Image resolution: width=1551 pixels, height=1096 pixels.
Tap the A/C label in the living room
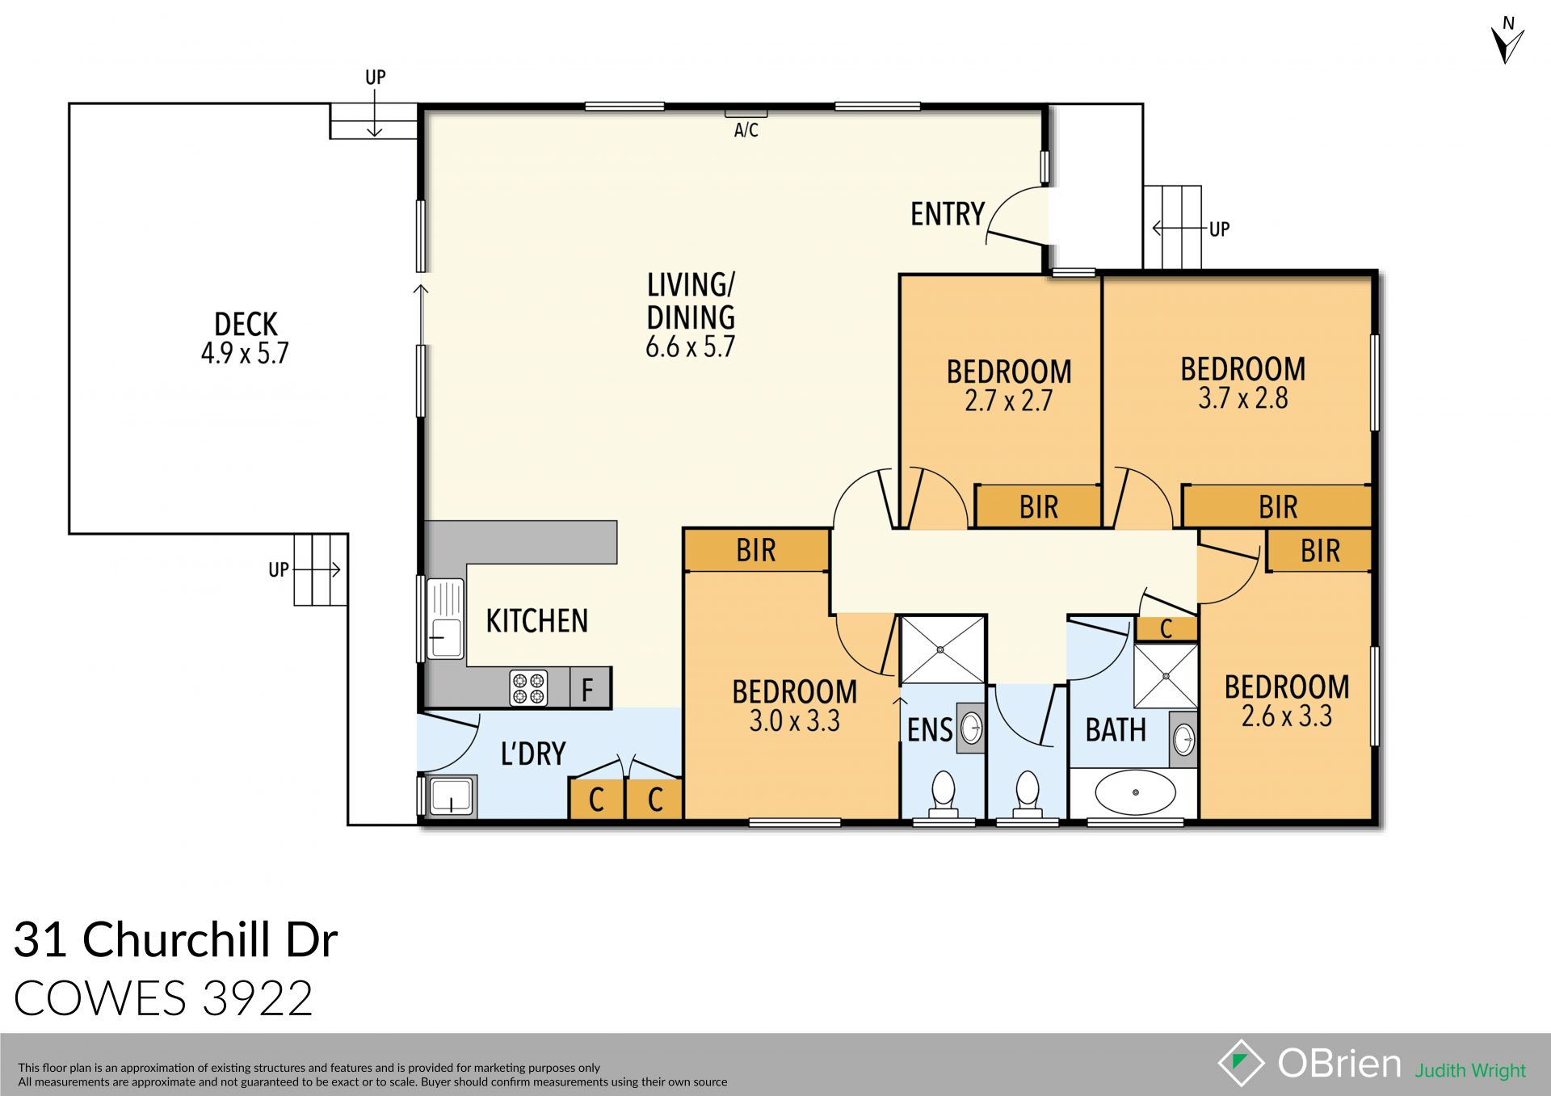(x=746, y=130)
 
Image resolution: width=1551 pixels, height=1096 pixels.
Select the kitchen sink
(x=445, y=619)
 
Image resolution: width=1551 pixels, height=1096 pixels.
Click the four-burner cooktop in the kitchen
(x=528, y=688)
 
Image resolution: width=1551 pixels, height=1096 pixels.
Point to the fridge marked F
(x=589, y=689)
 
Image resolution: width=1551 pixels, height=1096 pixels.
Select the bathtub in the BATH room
(x=1135, y=792)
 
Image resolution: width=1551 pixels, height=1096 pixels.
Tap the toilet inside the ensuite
(x=944, y=791)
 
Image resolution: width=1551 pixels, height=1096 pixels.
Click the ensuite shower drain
(x=942, y=649)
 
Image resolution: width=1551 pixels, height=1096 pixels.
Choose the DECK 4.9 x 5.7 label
(x=246, y=338)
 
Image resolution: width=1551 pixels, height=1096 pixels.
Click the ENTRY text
(x=947, y=214)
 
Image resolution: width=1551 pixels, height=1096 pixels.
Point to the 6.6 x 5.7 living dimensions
(x=690, y=347)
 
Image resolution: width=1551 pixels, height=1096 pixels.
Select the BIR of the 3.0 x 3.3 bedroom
(x=755, y=551)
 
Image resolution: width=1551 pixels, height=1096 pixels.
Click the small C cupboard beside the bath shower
(x=1166, y=629)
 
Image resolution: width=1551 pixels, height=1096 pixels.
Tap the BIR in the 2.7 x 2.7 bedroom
(x=1038, y=507)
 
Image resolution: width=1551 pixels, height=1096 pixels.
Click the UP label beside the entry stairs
(x=1219, y=229)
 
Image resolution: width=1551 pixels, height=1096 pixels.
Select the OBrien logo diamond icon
(x=1241, y=1062)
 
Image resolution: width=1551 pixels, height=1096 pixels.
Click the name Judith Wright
(x=1469, y=1070)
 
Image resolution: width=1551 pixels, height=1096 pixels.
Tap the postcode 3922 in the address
(x=257, y=998)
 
